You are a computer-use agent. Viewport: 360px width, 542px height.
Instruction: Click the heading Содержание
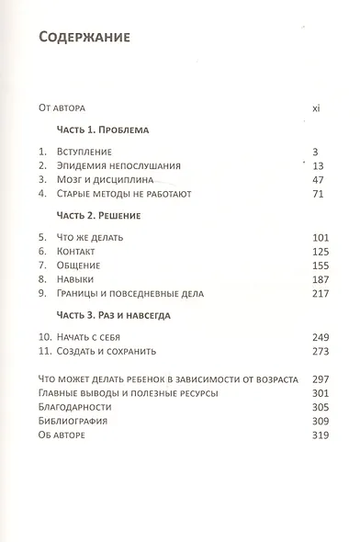84,38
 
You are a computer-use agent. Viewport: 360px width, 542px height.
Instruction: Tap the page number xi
315,107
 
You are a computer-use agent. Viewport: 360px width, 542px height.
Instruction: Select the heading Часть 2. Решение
100,216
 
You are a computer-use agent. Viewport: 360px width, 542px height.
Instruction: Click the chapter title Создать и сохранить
106,351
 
